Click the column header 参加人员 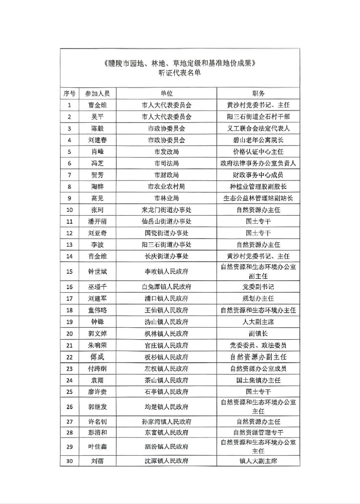pos(97,93)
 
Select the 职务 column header pos(258,93)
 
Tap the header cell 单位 pos(166,93)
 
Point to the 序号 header pos(69,93)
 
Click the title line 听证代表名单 pos(180,73)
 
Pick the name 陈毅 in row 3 pos(97,129)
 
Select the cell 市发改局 pos(166,152)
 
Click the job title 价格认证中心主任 pos(258,152)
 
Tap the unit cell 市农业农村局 pos(166,186)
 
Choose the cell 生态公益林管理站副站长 pos(258,198)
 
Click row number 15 pos(69,271)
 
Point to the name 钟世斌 pos(97,271)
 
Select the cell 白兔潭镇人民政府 pos(166,287)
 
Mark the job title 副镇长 pos(258,334)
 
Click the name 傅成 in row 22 pos(97,357)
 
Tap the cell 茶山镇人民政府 pos(166,380)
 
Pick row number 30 pos(69,461)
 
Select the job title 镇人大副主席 pos(258,461)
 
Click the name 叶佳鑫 pos(97,447)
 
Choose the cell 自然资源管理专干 pos(258,433)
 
